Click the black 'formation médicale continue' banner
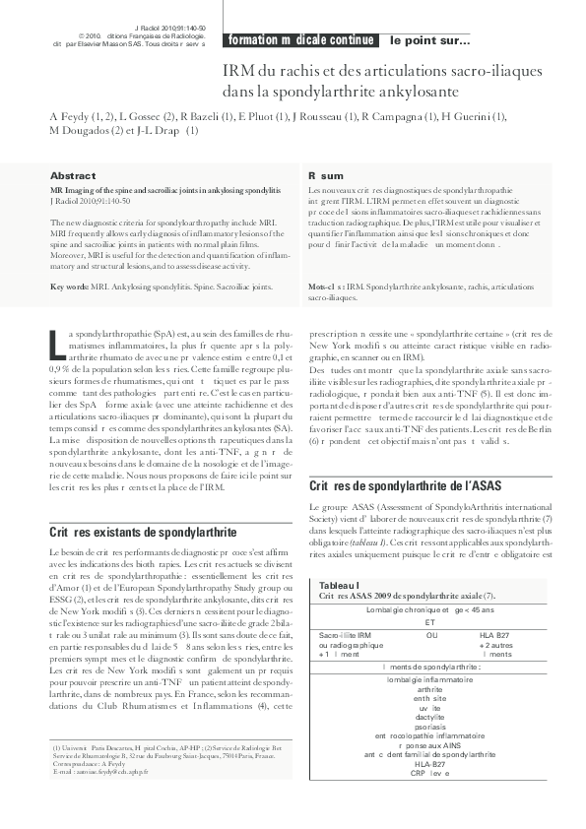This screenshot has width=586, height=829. (301, 40)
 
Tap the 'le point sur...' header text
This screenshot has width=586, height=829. (430, 40)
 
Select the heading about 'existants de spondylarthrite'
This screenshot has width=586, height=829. (143, 532)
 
